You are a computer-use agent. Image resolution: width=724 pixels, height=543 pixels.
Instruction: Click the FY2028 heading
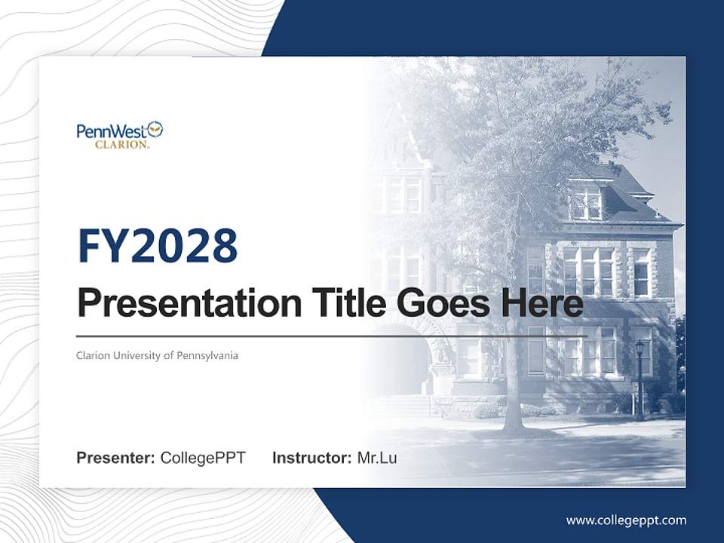click(x=158, y=246)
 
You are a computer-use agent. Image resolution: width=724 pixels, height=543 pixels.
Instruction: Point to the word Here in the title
click(x=541, y=303)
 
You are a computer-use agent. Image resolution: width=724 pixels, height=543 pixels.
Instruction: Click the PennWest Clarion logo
click(x=120, y=134)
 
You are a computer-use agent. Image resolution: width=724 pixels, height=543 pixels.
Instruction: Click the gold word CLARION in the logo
click(x=121, y=145)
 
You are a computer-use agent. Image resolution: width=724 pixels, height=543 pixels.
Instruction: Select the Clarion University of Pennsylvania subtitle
click(x=157, y=354)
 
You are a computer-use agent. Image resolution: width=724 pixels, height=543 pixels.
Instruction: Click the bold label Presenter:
click(x=116, y=458)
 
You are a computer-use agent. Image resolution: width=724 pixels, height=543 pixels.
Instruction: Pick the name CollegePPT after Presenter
click(x=203, y=458)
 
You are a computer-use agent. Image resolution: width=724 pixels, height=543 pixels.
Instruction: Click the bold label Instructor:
click(x=311, y=458)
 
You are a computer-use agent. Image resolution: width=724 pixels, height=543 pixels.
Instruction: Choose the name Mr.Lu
click(x=377, y=458)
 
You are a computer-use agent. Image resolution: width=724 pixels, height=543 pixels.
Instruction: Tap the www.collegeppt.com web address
click(x=626, y=520)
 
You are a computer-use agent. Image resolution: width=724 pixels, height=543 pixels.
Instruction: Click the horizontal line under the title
click(x=332, y=336)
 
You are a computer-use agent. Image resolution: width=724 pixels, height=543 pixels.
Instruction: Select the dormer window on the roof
click(x=586, y=201)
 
